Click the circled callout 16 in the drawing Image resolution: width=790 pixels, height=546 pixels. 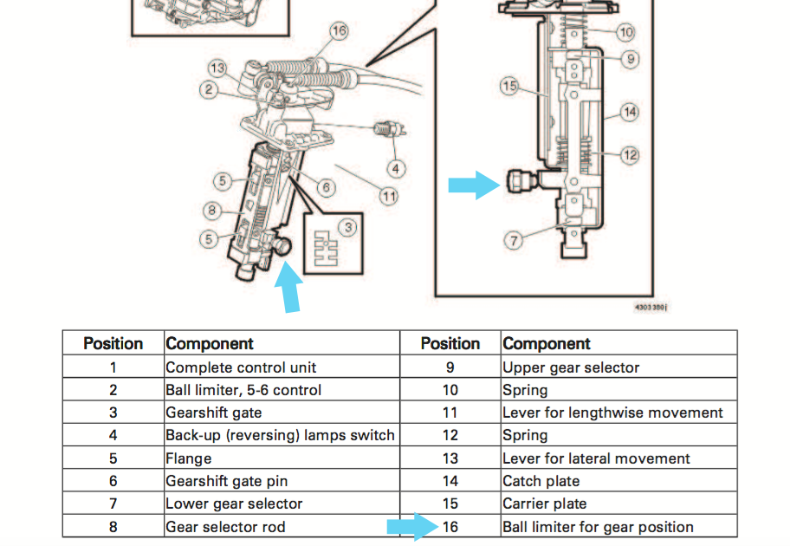pos(339,31)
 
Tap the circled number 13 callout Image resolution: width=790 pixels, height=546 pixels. pos(217,68)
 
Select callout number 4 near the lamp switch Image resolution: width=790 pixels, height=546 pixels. pos(396,167)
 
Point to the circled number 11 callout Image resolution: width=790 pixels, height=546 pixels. pos(389,197)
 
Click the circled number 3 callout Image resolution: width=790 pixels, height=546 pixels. pos(347,227)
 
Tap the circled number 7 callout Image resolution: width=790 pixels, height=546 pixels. pos(515,240)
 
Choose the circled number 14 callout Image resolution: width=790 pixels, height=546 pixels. pos(629,111)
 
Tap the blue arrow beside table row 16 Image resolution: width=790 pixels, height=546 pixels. pos(411,526)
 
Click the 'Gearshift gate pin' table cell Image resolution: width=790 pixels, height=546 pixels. pos(227,481)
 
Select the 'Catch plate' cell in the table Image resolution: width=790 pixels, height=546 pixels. pos(541,481)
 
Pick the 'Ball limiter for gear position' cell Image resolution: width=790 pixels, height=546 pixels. pos(599,526)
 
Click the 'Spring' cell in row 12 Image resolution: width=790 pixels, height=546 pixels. pos(526,435)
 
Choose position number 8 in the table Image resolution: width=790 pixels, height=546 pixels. pos(113,526)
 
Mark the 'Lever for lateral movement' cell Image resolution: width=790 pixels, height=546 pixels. pos(597,458)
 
